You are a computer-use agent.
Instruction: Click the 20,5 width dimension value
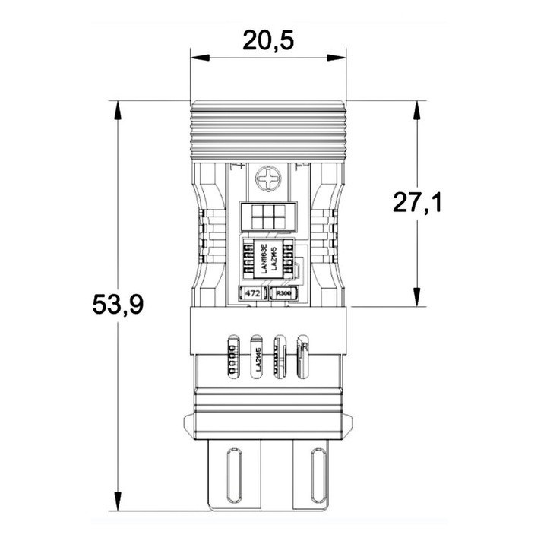pos(267,40)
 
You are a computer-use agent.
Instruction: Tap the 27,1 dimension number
pos(417,204)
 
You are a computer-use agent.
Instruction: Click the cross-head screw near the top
pos(269,181)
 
